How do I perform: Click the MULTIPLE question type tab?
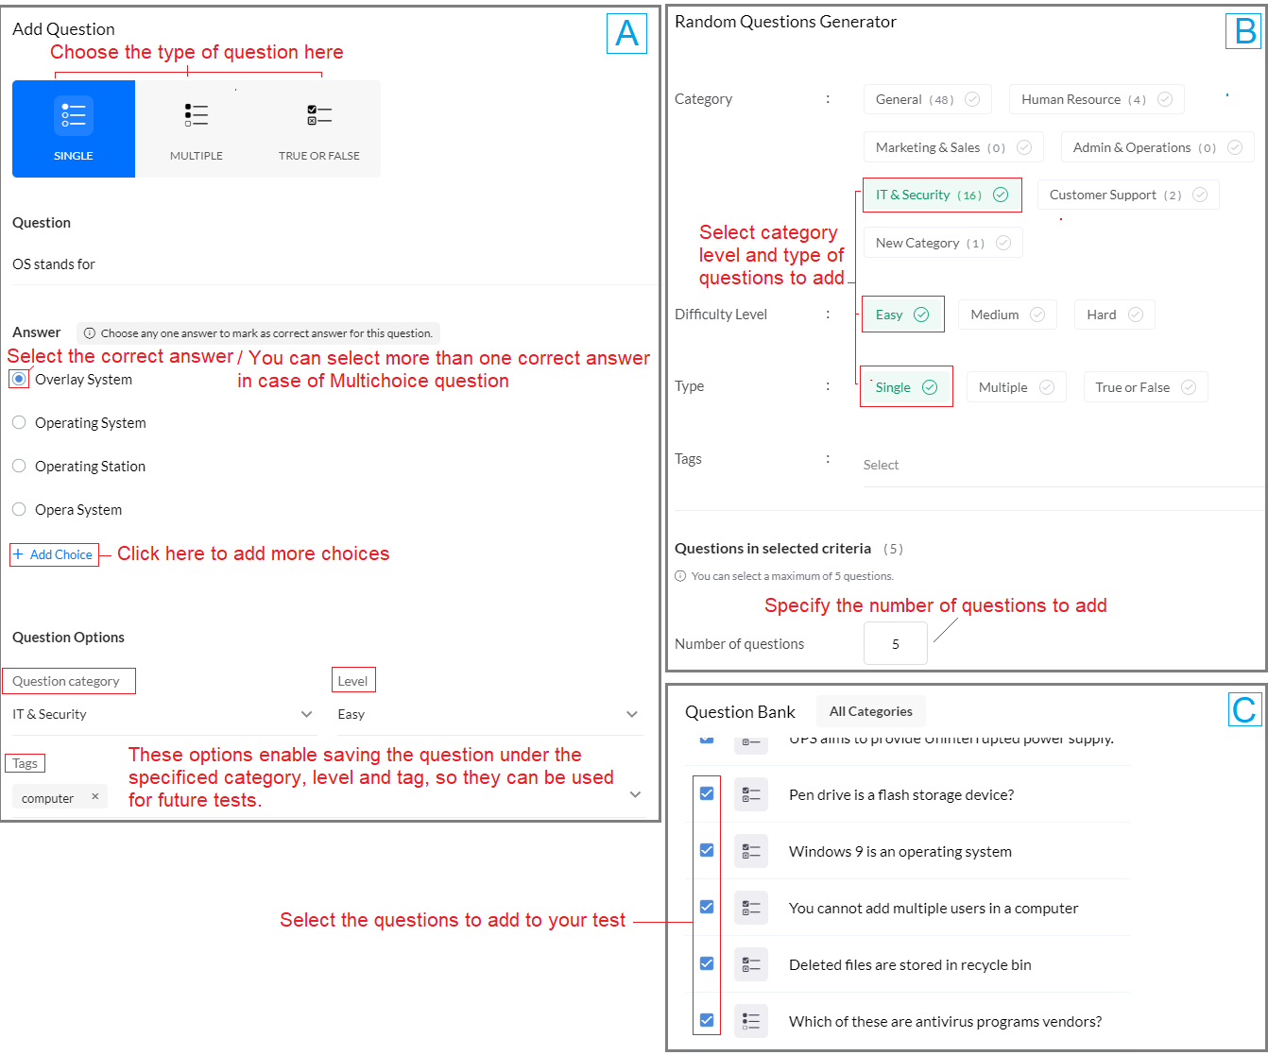(197, 128)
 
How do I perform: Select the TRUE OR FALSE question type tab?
(319, 128)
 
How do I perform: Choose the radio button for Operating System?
(19, 423)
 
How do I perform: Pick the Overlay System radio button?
(19, 380)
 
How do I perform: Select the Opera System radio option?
(19, 510)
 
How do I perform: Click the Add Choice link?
(54, 554)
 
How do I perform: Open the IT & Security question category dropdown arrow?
(306, 715)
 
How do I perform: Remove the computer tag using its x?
(94, 797)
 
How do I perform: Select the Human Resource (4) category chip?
(1095, 99)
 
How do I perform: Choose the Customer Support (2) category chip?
(1127, 196)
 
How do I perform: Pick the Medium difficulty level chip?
(1006, 315)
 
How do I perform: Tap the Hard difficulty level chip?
(1113, 315)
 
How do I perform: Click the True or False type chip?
(1144, 387)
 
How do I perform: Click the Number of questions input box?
(895, 644)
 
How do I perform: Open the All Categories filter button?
(870, 712)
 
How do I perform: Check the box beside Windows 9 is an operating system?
(707, 850)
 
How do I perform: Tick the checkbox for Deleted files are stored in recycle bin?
(707, 963)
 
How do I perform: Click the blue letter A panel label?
(626, 34)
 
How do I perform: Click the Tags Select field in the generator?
(1058, 466)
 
